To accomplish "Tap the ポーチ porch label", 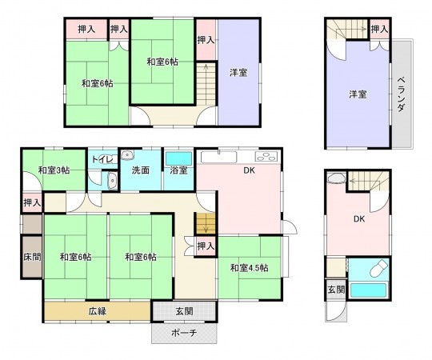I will tap(185, 334).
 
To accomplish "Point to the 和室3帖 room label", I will tap(54, 170).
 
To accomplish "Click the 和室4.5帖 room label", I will tap(249, 267).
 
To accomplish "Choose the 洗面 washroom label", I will tap(141, 170).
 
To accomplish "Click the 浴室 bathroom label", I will tap(179, 170).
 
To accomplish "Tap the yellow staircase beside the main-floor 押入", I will tap(206, 223).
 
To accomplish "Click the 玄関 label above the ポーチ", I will tap(184, 311).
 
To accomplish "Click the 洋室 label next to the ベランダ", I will tap(357, 94).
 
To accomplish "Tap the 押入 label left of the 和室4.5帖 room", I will tap(205, 246).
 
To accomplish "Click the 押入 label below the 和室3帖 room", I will tap(31, 202).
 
